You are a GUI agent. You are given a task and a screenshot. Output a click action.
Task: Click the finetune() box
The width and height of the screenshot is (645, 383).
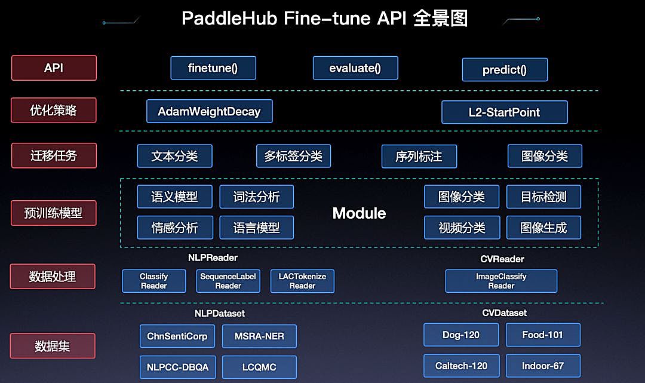(213, 68)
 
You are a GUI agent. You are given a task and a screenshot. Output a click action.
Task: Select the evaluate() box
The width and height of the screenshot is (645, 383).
(355, 68)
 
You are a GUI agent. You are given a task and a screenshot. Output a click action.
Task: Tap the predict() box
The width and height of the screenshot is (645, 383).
(505, 70)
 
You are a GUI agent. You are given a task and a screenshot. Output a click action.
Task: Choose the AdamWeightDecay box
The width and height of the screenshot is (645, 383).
(209, 111)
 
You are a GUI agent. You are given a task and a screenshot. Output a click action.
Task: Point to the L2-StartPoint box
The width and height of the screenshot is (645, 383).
(505, 112)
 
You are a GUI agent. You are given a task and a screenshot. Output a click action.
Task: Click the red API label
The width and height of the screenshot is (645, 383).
(54, 68)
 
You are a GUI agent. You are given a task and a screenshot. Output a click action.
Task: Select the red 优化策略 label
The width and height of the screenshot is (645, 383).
(54, 111)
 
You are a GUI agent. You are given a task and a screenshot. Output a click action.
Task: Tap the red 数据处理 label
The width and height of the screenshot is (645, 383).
(53, 277)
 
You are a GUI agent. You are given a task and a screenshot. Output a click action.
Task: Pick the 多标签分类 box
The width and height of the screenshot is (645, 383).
(293, 156)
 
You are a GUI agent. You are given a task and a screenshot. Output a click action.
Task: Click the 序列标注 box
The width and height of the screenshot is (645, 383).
(419, 157)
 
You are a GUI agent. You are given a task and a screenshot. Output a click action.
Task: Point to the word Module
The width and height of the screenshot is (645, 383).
(359, 213)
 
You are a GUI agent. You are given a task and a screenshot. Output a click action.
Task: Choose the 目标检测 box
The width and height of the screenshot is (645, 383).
(543, 197)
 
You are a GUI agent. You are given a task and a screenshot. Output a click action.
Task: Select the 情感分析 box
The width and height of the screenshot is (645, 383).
(174, 227)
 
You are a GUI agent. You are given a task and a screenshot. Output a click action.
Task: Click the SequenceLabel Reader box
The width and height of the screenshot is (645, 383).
(228, 281)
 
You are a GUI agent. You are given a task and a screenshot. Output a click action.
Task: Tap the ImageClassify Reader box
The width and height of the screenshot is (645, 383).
(501, 281)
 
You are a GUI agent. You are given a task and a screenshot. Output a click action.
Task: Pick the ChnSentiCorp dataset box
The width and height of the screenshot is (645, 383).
(177, 336)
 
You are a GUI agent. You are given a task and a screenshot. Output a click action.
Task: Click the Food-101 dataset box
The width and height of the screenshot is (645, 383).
(543, 335)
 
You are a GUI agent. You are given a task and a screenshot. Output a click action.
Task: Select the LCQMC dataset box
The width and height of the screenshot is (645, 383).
(259, 367)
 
